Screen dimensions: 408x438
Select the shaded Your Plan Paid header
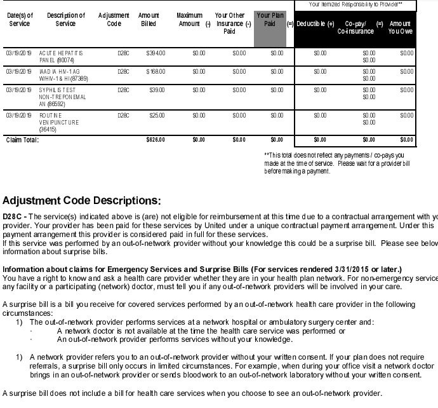click(x=269, y=19)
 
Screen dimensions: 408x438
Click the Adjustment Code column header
click(x=114, y=19)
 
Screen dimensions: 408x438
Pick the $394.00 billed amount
click(x=155, y=53)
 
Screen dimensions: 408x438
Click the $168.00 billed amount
click(x=155, y=72)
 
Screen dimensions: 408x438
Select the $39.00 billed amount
click(x=156, y=90)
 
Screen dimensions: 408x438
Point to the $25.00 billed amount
click(x=156, y=116)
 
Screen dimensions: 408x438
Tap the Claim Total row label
click(x=22, y=140)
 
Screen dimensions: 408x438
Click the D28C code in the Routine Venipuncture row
click(x=123, y=116)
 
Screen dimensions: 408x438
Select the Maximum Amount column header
click(x=190, y=19)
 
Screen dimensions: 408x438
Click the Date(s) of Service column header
click(x=20, y=19)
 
